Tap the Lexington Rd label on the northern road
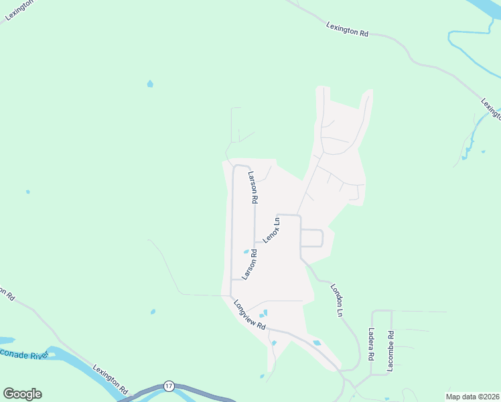347,30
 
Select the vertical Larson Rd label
253,188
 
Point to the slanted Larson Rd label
249,264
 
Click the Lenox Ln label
271,230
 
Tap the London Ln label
336,300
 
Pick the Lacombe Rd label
390,351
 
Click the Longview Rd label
250,314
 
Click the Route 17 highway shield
169,387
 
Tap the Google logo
22,394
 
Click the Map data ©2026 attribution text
472,397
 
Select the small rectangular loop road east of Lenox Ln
312,238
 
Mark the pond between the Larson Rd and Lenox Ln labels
246,252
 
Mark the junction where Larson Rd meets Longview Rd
231,295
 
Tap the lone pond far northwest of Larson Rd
150,84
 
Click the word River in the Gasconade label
37,356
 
